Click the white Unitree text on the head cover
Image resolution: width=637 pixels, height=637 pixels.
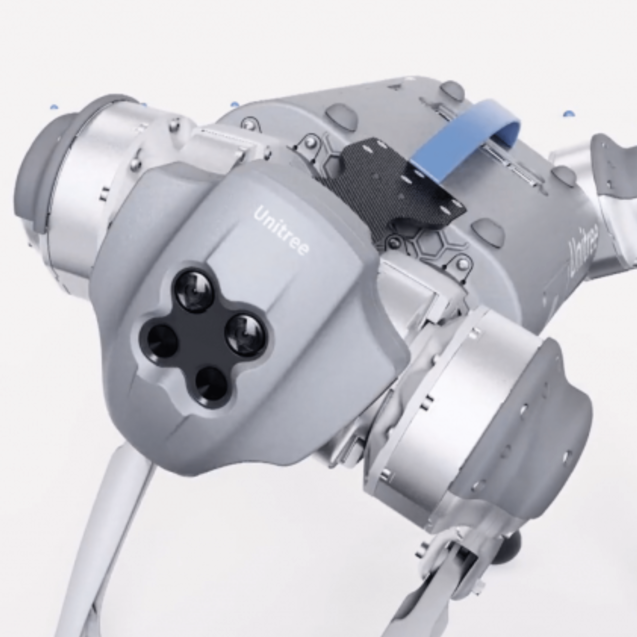281,230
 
